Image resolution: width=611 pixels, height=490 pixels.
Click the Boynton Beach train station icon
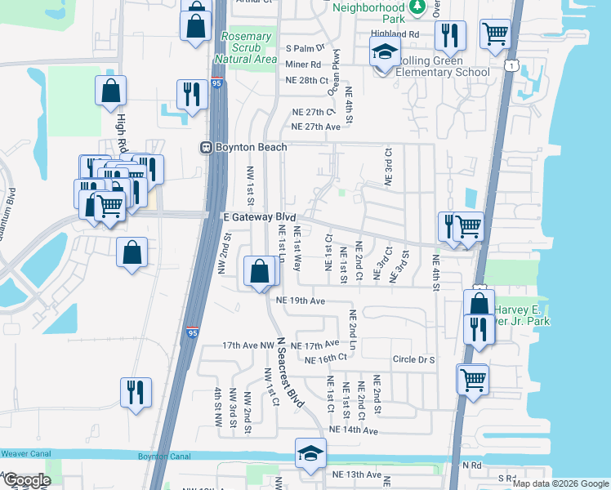[x=207, y=147]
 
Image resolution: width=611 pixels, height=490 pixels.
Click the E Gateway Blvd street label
[x=260, y=216]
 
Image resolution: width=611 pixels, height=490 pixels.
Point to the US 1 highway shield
[x=511, y=65]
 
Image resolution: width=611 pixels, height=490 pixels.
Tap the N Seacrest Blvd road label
[x=291, y=372]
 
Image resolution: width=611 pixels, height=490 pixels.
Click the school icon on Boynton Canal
[x=310, y=455]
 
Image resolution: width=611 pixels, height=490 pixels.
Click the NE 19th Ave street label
[x=301, y=301]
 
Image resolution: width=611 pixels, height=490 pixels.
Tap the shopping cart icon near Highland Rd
[x=495, y=34]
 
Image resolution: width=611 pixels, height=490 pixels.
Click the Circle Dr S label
[x=414, y=359]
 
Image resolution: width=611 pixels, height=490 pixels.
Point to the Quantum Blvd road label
[x=10, y=214]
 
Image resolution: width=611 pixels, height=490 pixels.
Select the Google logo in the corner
[x=26, y=480]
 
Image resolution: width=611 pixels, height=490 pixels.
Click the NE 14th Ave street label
[x=353, y=430]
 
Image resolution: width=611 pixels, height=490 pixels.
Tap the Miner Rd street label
[x=303, y=64]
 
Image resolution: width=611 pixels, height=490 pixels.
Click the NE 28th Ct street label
[x=306, y=80]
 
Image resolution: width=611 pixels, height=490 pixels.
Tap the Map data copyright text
[x=560, y=483]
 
